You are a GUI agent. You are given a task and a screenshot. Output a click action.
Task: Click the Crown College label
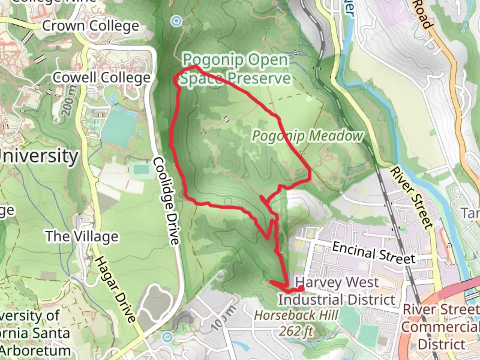[90, 26]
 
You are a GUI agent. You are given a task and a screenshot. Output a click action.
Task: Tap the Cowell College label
[102, 78]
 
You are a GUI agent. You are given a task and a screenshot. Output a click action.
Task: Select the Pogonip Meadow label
[307, 136]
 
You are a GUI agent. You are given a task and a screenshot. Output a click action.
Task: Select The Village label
[82, 236]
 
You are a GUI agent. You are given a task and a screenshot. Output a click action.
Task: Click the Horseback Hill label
[296, 315]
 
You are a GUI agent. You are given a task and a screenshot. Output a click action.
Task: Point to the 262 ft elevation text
[296, 331]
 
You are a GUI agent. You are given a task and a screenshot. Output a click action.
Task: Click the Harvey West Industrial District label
[337, 291]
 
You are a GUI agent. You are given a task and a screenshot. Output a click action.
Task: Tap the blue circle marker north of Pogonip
[176, 21]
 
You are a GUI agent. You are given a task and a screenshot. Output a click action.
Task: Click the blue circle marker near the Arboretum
[167, 337]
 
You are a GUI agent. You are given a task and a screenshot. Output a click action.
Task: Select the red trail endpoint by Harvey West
[301, 288]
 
